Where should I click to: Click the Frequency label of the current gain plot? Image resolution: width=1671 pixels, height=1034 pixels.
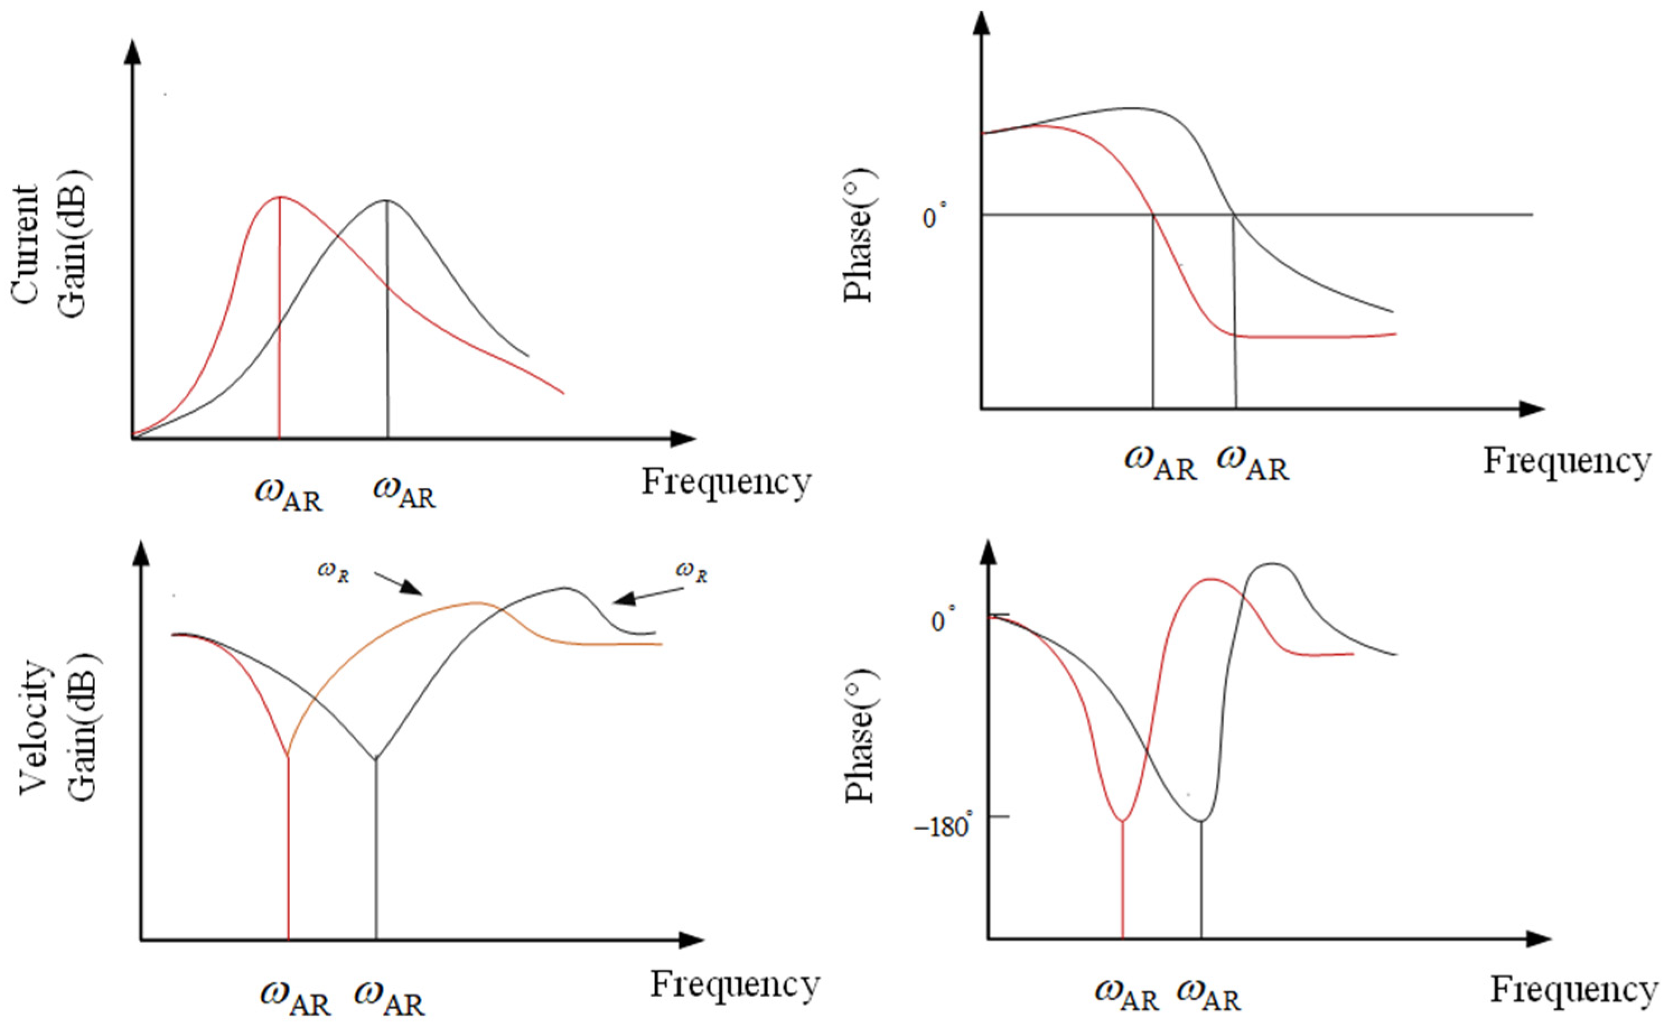(x=726, y=482)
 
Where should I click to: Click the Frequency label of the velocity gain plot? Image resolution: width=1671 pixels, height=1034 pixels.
(x=734, y=985)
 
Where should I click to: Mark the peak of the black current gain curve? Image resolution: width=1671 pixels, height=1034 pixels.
(x=386, y=200)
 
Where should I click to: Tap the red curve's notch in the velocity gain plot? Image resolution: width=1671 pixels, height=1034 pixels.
(x=288, y=756)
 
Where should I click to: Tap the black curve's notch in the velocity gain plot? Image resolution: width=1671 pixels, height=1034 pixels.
(x=375, y=758)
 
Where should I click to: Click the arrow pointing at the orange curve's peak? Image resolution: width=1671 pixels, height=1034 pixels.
(x=399, y=583)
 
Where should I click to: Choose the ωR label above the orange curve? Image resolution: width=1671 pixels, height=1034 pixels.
(x=334, y=572)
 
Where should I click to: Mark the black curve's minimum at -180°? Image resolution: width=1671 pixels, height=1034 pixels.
(x=1201, y=821)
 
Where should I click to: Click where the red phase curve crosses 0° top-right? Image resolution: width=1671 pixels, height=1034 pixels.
(x=1154, y=215)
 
